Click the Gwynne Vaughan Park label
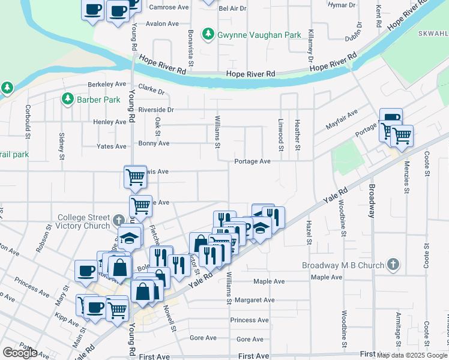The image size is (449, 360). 259,35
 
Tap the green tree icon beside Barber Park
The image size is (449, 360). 68,99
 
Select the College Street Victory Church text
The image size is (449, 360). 83,223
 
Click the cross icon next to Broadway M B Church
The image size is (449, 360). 393,264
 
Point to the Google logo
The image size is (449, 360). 20,353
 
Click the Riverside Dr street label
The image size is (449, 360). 155,110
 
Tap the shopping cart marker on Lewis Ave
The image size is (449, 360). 135,176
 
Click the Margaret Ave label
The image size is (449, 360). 255,300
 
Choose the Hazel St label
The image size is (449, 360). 309,231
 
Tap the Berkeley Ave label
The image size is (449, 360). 106,85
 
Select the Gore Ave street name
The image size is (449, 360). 203,338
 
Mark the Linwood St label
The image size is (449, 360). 280,137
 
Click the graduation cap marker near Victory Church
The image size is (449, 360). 129,238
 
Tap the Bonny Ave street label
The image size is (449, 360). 154,144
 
